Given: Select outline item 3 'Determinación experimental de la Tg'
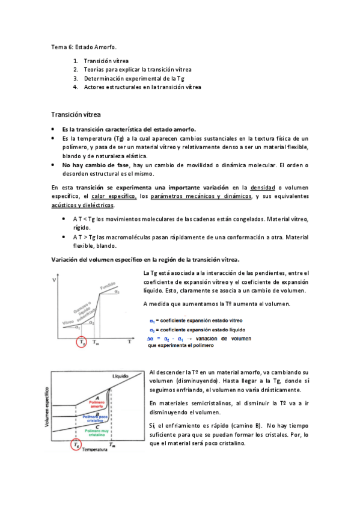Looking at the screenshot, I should click(x=134, y=78).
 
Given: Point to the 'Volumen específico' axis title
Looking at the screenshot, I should click(x=45, y=407).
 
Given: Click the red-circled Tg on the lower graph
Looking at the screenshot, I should click(x=75, y=445).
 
